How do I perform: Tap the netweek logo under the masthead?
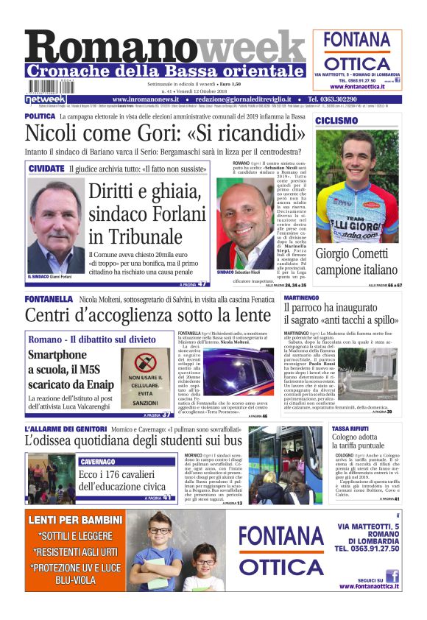pyautogui.click(x=45, y=99)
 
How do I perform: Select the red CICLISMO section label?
pyautogui.click(x=336, y=121)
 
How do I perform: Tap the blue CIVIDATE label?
pyautogui.click(x=46, y=169)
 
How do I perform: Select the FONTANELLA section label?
pyautogui.click(x=49, y=299)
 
